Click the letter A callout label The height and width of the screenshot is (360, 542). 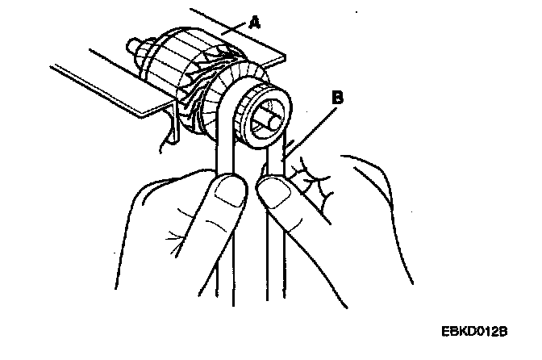click(255, 24)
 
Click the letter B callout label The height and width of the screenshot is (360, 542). click(339, 98)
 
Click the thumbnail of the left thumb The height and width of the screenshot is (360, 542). click(230, 192)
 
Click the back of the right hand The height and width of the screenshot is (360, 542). click(371, 218)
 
